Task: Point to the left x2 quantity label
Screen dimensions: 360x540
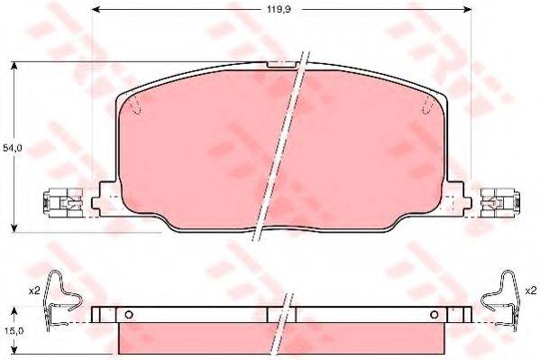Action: click(x=34, y=291)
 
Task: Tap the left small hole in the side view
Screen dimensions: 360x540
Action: click(x=128, y=315)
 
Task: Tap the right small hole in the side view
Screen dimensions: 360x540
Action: click(x=435, y=315)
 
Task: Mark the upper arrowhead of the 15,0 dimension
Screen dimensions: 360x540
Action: click(x=16, y=309)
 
